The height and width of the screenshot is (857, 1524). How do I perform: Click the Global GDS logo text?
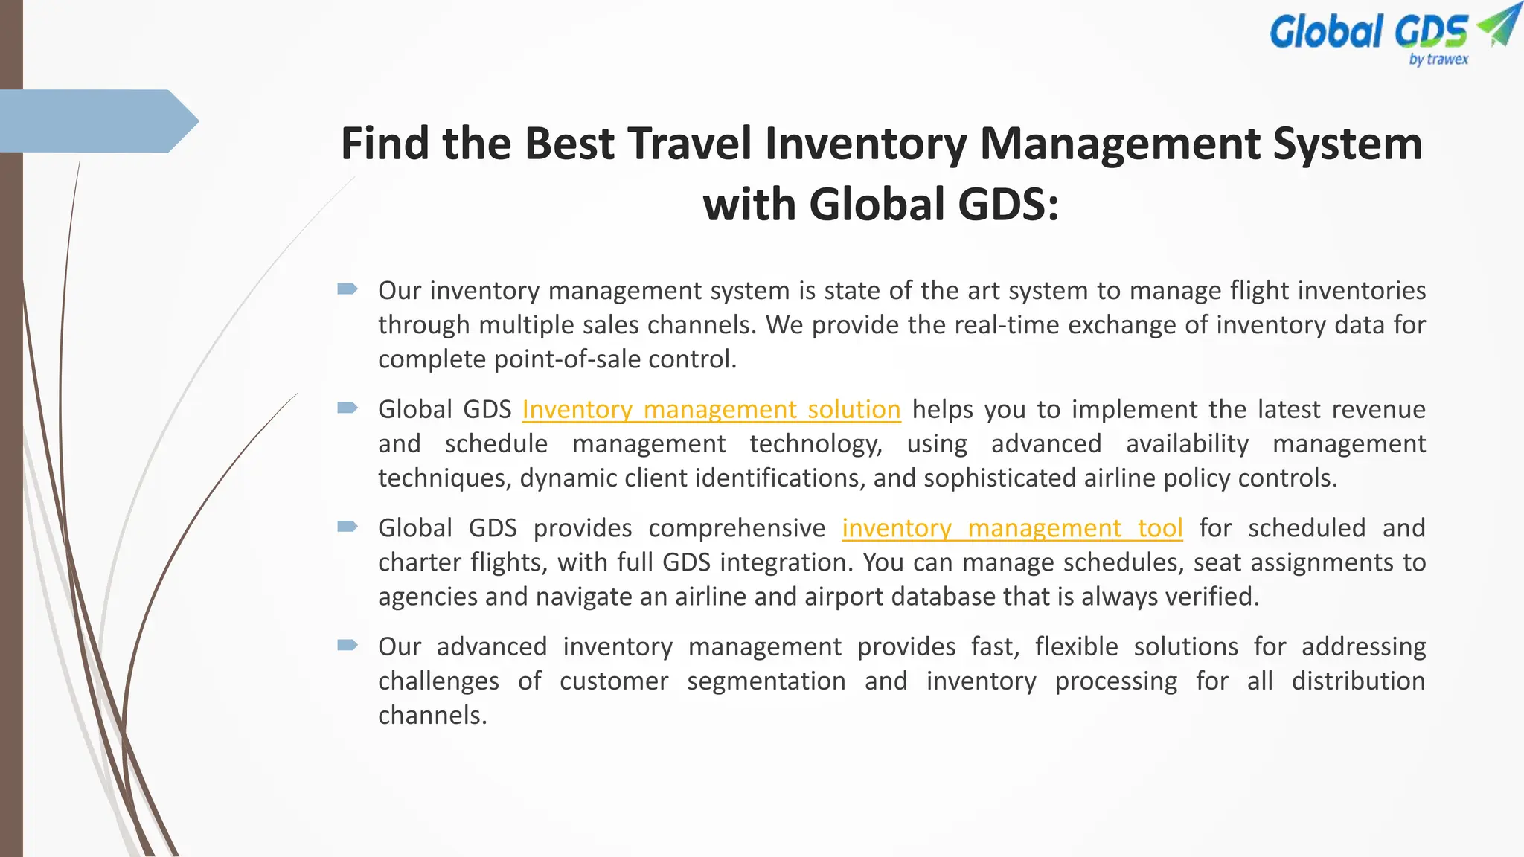pyautogui.click(x=1368, y=32)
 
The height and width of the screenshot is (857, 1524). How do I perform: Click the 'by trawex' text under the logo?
pyautogui.click(x=1438, y=60)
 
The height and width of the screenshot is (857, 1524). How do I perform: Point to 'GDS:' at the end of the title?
pyautogui.click(x=1008, y=204)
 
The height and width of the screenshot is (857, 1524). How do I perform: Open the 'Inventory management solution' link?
pyautogui.click(x=711, y=409)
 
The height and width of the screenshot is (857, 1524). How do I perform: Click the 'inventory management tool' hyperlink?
pyautogui.click(x=1012, y=528)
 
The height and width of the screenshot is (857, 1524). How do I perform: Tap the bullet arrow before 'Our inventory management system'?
pyautogui.click(x=348, y=289)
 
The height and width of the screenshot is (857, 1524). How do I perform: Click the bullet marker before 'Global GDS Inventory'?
pyautogui.click(x=348, y=408)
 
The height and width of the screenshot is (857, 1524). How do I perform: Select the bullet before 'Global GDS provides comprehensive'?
pyautogui.click(x=348, y=527)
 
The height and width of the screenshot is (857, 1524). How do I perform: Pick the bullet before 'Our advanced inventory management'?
pyautogui.click(x=348, y=645)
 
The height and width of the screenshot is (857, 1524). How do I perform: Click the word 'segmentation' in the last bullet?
pyautogui.click(x=766, y=681)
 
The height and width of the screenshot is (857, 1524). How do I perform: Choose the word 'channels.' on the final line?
pyautogui.click(x=432, y=716)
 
